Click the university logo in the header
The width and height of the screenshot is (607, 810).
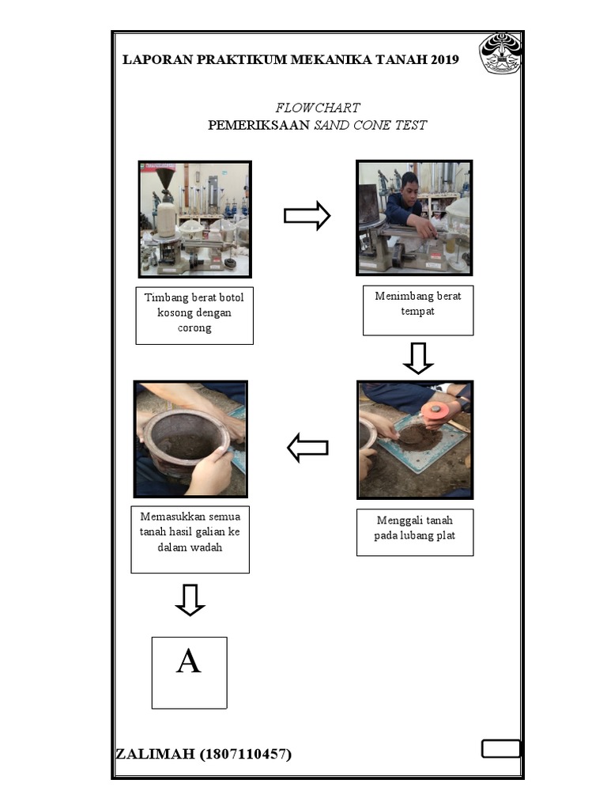click(500, 54)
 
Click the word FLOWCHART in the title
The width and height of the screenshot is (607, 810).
click(318, 108)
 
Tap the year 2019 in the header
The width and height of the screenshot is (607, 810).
click(444, 59)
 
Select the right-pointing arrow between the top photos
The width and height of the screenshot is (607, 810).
click(307, 215)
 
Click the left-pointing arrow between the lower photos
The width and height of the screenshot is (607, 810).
click(307, 448)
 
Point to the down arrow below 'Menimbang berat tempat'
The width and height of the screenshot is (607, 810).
click(418, 358)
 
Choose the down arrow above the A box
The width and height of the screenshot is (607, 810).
click(190, 600)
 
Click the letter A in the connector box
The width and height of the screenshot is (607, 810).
click(188, 661)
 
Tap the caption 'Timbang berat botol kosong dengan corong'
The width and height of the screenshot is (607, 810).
click(194, 312)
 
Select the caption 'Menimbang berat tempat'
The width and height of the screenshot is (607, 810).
click(417, 304)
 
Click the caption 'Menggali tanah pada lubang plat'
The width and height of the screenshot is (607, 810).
click(414, 528)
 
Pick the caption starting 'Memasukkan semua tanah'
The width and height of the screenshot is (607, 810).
click(190, 532)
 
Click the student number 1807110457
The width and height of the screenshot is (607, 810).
click(245, 754)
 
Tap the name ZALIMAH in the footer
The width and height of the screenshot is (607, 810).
click(155, 754)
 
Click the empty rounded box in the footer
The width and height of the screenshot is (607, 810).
click(500, 748)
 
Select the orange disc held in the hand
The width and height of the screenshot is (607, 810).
click(438, 411)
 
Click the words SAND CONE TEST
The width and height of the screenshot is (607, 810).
click(370, 125)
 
